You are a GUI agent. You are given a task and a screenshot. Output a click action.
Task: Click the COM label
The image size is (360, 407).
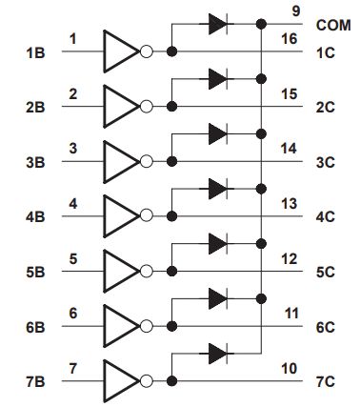(x=333, y=26)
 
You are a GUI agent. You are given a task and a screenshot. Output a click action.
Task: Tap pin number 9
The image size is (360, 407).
(x=295, y=11)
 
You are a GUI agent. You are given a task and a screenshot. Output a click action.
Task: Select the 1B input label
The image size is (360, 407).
(x=35, y=52)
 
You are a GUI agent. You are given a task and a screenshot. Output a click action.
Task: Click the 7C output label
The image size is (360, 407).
(x=326, y=381)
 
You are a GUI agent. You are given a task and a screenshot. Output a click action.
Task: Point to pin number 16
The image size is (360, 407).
(x=290, y=39)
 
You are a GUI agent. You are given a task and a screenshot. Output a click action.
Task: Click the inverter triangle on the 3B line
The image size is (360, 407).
(x=122, y=162)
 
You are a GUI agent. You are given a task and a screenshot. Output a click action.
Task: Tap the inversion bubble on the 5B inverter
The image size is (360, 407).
(x=147, y=272)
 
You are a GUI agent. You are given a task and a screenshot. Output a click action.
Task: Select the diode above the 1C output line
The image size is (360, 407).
(x=218, y=24)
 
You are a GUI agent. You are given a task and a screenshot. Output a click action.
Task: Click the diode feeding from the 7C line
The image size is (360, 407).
(x=218, y=354)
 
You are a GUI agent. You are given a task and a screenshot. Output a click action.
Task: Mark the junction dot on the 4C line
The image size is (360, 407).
(x=171, y=216)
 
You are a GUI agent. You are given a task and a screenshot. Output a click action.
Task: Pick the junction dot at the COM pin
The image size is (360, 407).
(x=261, y=24)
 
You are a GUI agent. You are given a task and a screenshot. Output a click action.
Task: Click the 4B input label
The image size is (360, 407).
(x=35, y=217)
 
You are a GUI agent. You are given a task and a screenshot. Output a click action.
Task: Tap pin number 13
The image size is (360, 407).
(x=290, y=204)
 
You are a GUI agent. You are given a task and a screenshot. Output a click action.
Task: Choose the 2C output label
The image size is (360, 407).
(x=326, y=108)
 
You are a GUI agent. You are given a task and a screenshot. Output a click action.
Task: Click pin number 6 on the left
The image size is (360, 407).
(x=73, y=314)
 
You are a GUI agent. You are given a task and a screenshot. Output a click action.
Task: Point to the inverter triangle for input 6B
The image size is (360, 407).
(x=122, y=326)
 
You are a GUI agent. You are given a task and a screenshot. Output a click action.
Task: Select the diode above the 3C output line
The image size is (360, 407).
(x=218, y=133)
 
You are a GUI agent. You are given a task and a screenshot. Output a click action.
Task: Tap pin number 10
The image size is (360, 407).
(x=290, y=369)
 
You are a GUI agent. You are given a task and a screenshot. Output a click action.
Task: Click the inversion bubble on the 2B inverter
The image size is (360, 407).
(x=147, y=107)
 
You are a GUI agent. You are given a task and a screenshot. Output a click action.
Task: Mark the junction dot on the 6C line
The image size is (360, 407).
(x=171, y=326)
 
